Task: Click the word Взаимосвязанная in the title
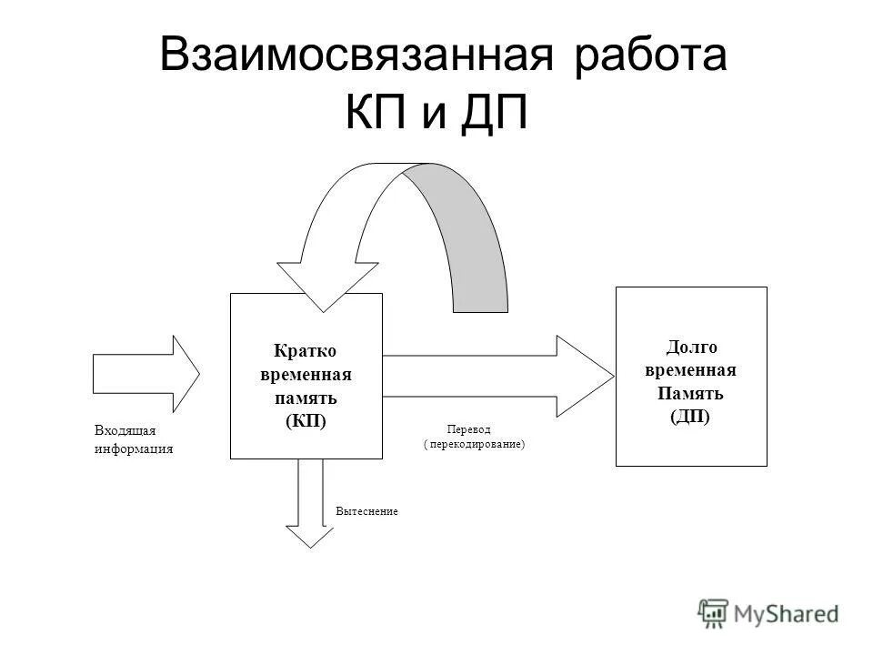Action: (x=356, y=57)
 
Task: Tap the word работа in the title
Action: (x=650, y=57)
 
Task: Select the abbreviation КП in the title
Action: (x=374, y=115)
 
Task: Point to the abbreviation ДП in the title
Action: (x=494, y=115)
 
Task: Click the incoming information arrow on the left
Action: (x=145, y=373)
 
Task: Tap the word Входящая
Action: (x=125, y=431)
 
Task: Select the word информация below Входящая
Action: (x=133, y=448)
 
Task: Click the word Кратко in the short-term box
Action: (x=306, y=351)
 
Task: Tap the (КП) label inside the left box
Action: (x=306, y=422)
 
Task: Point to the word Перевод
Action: (x=468, y=429)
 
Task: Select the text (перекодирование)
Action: (x=475, y=445)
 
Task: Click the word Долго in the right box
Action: (x=692, y=347)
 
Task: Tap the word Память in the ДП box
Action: (x=690, y=394)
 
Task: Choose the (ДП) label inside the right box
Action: (x=690, y=417)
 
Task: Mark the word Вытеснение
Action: (x=366, y=512)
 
